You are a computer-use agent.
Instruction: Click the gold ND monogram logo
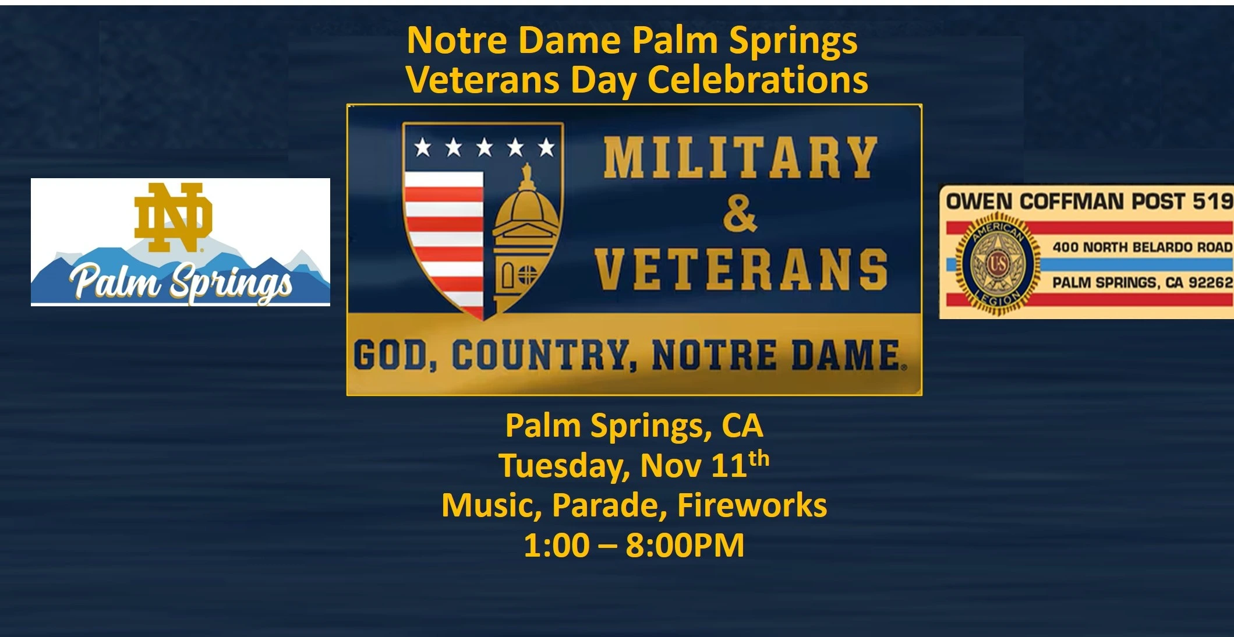point(174,217)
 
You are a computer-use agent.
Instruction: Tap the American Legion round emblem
point(996,264)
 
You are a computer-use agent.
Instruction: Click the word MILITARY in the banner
point(740,158)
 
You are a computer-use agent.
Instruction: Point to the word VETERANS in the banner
point(741,269)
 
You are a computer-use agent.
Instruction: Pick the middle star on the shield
point(485,147)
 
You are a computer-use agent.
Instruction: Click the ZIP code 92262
point(1211,282)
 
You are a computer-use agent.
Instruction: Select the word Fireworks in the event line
point(752,505)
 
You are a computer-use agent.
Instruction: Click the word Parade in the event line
point(609,505)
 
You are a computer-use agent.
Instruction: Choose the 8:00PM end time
point(685,546)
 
